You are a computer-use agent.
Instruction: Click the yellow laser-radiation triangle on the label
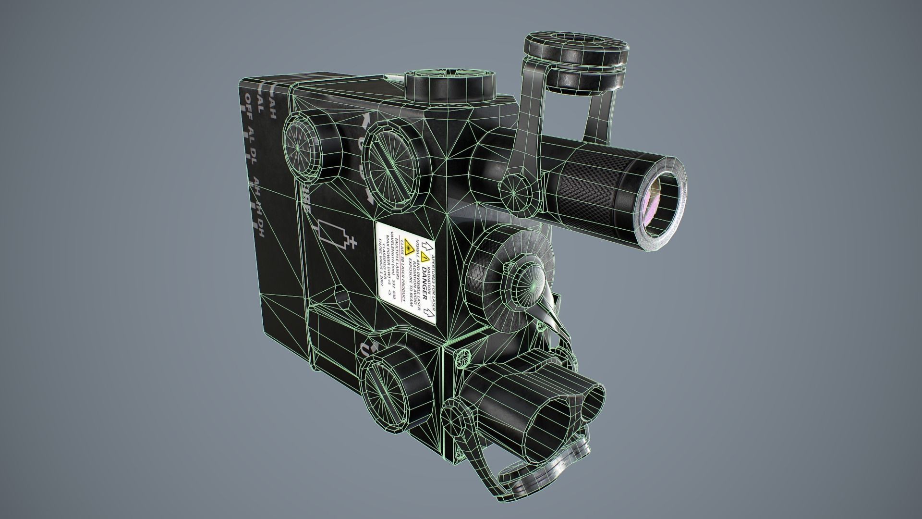(x=409, y=248)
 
